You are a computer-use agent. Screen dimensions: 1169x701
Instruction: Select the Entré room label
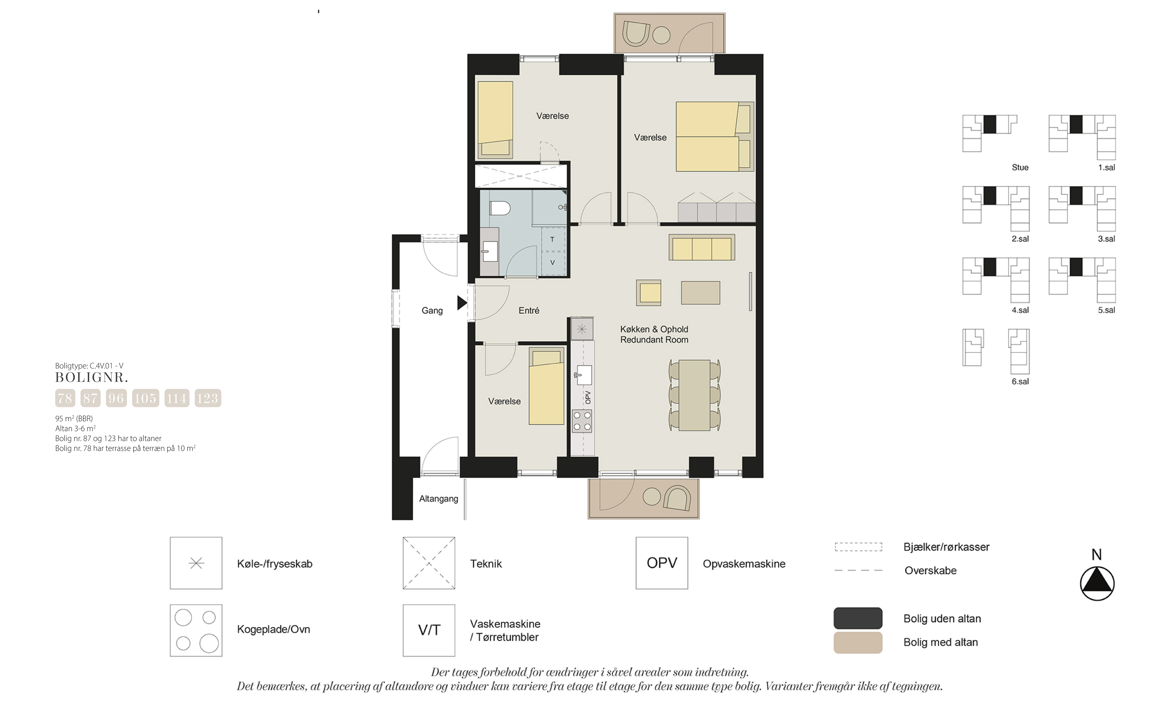(529, 310)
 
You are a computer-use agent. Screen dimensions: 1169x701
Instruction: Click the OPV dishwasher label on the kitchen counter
(588, 397)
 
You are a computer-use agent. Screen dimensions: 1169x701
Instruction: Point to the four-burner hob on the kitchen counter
(582, 421)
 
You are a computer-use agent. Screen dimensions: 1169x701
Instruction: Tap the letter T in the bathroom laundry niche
(552, 239)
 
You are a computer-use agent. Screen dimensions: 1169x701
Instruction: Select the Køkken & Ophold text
(654, 329)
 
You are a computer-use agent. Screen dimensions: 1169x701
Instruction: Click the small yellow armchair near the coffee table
(649, 293)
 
